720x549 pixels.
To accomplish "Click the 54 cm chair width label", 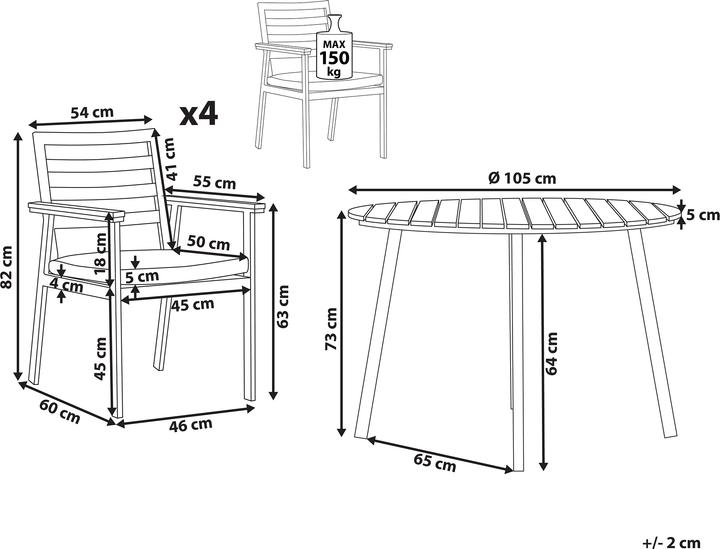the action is (x=91, y=112).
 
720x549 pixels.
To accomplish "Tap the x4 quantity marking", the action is (x=198, y=114).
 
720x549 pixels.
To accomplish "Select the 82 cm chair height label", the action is (x=7, y=267).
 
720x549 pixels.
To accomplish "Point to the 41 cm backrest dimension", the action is (x=171, y=159).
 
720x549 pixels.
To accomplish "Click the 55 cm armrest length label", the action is (x=214, y=182).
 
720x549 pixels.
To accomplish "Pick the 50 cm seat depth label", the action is (x=208, y=242).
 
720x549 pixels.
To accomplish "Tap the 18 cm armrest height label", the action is (x=100, y=253).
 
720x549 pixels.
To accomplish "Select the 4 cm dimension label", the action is (x=67, y=286).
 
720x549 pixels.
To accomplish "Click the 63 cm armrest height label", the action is (x=283, y=306).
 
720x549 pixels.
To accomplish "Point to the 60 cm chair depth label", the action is (x=60, y=412).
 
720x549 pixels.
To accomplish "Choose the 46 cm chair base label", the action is (x=191, y=425).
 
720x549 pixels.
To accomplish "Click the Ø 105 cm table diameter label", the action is (x=522, y=178).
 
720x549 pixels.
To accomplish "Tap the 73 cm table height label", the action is (x=331, y=329).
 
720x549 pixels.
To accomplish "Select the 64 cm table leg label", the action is (x=551, y=353).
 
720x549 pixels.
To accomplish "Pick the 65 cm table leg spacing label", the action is (x=435, y=462).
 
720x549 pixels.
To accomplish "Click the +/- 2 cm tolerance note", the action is (x=672, y=543).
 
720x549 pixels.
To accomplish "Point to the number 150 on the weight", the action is (x=334, y=58).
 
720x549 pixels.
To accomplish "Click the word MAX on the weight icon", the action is (x=334, y=44).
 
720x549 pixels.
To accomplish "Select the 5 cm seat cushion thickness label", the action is (x=142, y=276).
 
